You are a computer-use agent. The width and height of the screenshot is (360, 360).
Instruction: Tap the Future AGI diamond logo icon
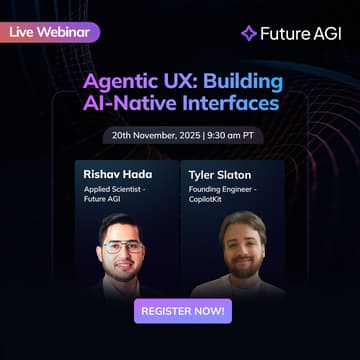point(249,33)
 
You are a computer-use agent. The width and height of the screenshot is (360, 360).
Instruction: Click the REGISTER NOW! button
point(182,310)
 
